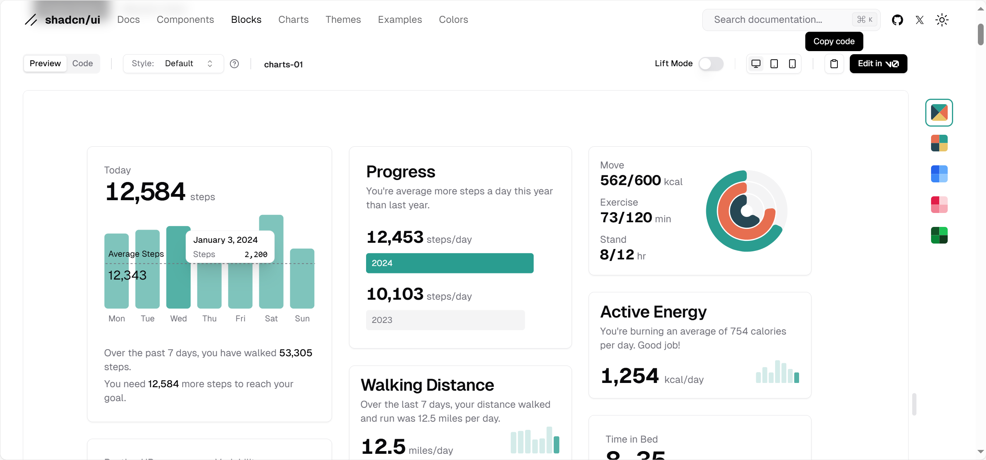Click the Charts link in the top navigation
pyautogui.click(x=293, y=19)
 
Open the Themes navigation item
pyautogui.click(x=343, y=19)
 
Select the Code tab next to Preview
pyautogui.click(x=82, y=64)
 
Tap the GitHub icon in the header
pyautogui.click(x=897, y=20)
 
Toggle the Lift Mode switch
pyautogui.click(x=711, y=64)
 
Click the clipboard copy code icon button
pyautogui.click(x=834, y=64)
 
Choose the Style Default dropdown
pyautogui.click(x=173, y=64)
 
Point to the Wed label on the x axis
pyautogui.click(x=178, y=318)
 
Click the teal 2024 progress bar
pyautogui.click(x=450, y=263)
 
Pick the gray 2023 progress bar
pyautogui.click(x=445, y=320)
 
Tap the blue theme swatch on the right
pyautogui.click(x=939, y=174)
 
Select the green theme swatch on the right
pyautogui.click(x=939, y=235)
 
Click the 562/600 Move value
pyautogui.click(x=630, y=180)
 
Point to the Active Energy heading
pyautogui.click(x=653, y=312)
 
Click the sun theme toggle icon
pyautogui.click(x=942, y=20)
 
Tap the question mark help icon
pyautogui.click(x=234, y=64)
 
